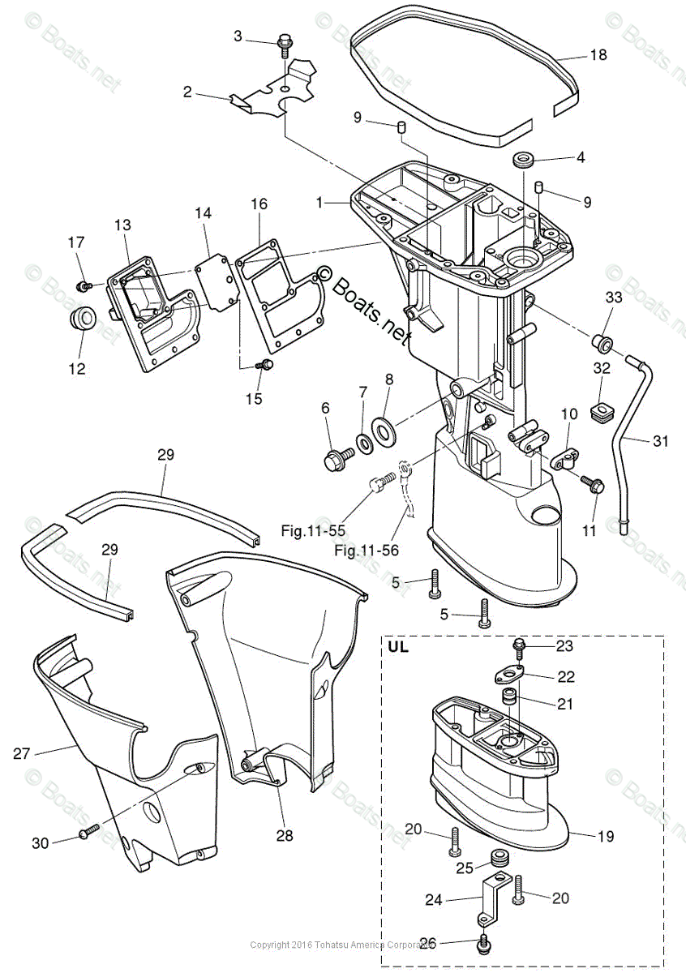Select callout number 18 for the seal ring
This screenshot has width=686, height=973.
click(x=598, y=56)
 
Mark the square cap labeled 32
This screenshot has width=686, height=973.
click(x=601, y=413)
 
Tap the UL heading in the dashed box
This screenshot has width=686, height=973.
click(x=398, y=647)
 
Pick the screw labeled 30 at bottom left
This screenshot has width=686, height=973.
click(x=88, y=832)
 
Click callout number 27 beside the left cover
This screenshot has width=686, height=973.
click(x=22, y=753)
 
